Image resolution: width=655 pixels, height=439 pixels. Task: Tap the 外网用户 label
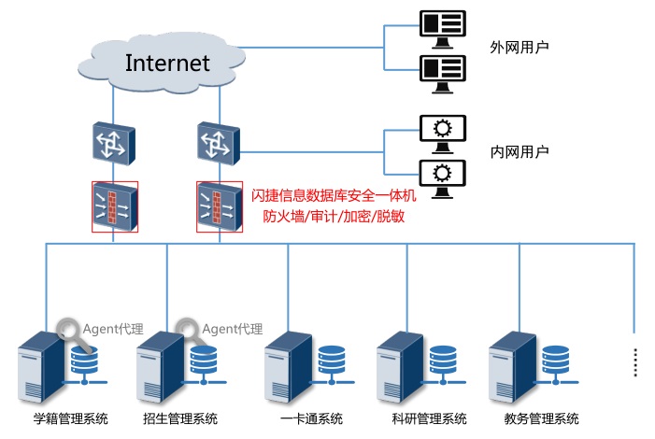520,46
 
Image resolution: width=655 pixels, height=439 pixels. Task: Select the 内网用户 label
520,151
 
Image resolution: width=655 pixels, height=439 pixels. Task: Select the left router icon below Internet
113,142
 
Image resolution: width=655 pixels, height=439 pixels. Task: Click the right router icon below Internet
219,142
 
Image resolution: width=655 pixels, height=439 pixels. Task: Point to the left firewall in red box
114,205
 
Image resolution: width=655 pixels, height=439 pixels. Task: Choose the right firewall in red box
220,205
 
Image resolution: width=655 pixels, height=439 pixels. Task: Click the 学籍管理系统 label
71,418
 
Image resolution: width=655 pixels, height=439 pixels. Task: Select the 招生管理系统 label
180,418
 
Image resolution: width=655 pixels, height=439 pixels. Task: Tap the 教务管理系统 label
541,418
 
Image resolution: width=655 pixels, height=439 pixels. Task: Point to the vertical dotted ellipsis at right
634,361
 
